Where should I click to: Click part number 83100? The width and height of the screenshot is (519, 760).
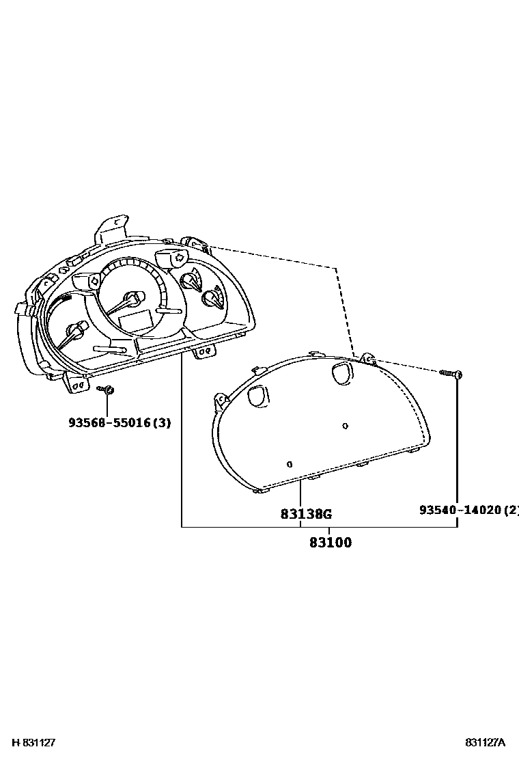(330, 543)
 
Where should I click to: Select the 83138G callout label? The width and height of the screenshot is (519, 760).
(306, 513)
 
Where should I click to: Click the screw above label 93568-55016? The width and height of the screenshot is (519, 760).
(106, 390)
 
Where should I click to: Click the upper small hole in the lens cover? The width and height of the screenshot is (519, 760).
(345, 426)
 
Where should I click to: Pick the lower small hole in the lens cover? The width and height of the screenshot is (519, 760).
(290, 463)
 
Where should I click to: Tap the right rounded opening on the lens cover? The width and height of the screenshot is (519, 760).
(341, 372)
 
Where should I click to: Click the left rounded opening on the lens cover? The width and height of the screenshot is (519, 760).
(258, 394)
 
